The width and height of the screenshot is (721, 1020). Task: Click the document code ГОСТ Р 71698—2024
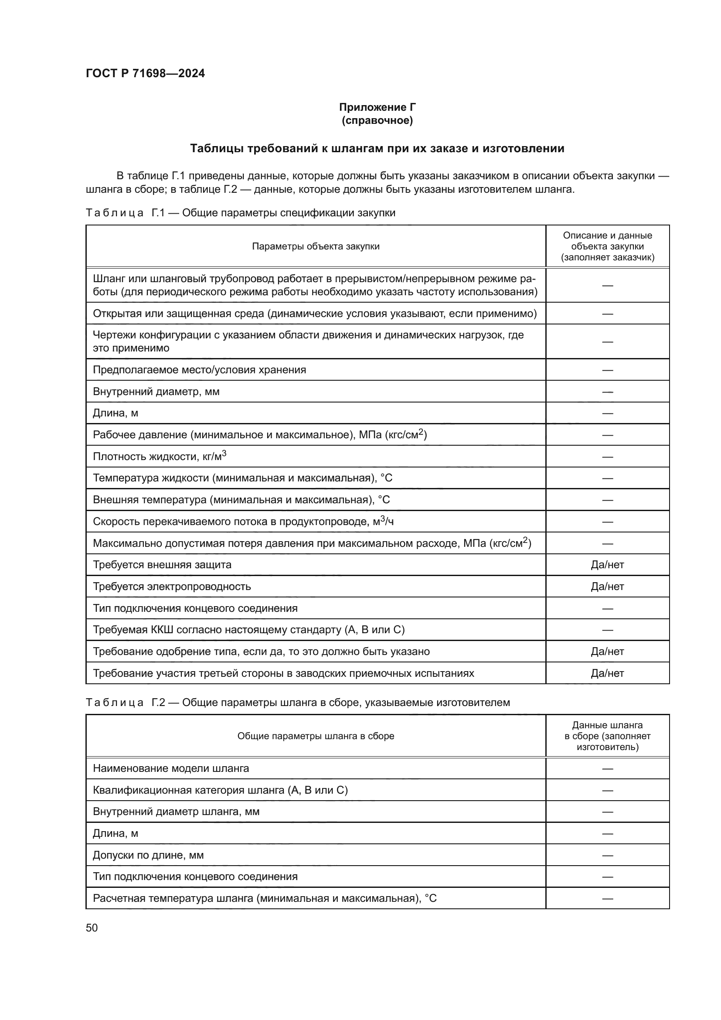145,73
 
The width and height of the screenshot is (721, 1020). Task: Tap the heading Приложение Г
378,107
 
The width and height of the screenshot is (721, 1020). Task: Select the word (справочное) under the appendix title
378,120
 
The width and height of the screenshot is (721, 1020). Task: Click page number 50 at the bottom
92,928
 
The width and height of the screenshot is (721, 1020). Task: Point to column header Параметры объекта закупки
316,246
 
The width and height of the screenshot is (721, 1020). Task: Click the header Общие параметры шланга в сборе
316,736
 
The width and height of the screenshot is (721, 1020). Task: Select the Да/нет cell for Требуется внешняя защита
607,565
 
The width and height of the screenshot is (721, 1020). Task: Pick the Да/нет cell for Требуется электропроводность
607,587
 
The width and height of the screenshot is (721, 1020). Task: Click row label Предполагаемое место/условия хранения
199,370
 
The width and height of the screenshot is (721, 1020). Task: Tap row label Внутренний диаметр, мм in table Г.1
156,391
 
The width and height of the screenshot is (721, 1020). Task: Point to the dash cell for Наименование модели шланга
607,768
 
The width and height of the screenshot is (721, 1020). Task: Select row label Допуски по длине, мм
148,855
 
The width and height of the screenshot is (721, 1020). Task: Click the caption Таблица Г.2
297,703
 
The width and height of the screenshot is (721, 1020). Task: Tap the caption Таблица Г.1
240,213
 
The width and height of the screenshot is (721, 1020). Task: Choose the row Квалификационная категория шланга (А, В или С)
220,790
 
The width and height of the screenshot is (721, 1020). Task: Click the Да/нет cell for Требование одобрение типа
607,651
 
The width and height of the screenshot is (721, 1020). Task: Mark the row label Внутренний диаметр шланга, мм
176,812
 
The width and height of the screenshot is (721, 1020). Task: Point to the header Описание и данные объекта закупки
607,246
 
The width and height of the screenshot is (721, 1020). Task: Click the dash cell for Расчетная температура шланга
607,898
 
